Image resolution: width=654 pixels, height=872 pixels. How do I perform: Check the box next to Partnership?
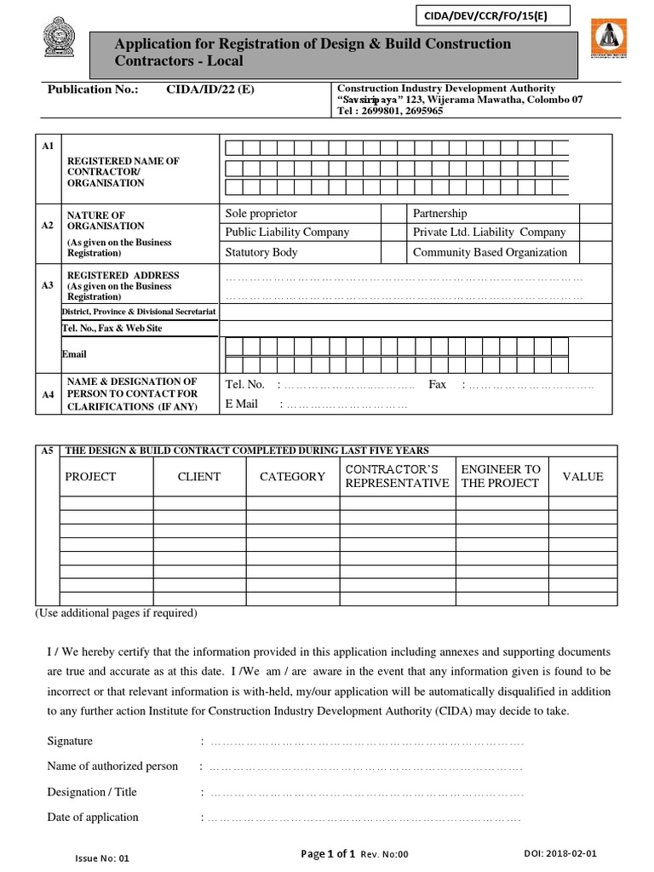(595, 213)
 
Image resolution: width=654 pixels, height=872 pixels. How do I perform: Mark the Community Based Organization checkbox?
(595, 252)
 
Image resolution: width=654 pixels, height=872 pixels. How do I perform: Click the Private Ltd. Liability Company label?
(489, 232)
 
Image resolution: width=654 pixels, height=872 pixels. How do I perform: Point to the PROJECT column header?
(90, 477)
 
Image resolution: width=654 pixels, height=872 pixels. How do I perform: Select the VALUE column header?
(582, 477)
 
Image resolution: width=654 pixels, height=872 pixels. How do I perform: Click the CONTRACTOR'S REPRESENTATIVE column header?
(397, 477)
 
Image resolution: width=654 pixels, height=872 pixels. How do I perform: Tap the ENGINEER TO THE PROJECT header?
(501, 477)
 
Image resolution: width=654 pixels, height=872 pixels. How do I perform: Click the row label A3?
(48, 286)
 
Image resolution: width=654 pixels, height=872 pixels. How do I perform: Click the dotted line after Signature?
(366, 743)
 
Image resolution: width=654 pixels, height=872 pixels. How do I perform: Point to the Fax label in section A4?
(438, 385)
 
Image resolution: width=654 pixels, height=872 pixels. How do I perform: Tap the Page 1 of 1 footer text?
(329, 854)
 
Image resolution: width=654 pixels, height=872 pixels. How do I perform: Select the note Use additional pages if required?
(116, 613)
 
